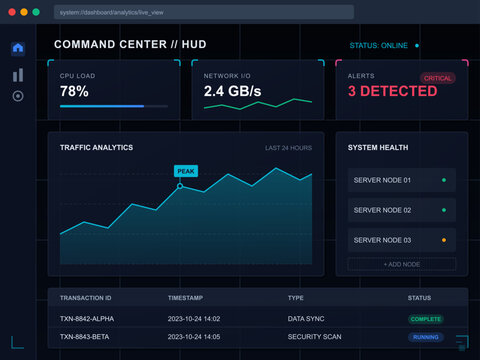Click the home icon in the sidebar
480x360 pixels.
[x=18, y=48]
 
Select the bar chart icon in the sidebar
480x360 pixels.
[x=18, y=74]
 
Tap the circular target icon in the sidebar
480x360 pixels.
[x=18, y=96]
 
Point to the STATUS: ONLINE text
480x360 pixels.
[x=379, y=45]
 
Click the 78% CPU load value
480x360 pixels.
[x=74, y=91]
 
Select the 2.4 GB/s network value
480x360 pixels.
[x=233, y=91]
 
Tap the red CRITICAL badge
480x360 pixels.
[x=438, y=77]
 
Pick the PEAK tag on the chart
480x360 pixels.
[x=185, y=171]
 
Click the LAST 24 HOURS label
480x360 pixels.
[x=288, y=148]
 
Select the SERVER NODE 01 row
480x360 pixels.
[x=401, y=180]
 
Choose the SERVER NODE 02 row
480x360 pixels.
[x=401, y=210]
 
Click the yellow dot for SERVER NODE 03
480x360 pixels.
[x=444, y=240]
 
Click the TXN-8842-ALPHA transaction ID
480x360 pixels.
[x=89, y=319]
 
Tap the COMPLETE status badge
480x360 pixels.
[x=426, y=319]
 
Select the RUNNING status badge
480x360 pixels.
[x=426, y=337]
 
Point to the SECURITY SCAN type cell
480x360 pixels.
[x=315, y=337]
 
